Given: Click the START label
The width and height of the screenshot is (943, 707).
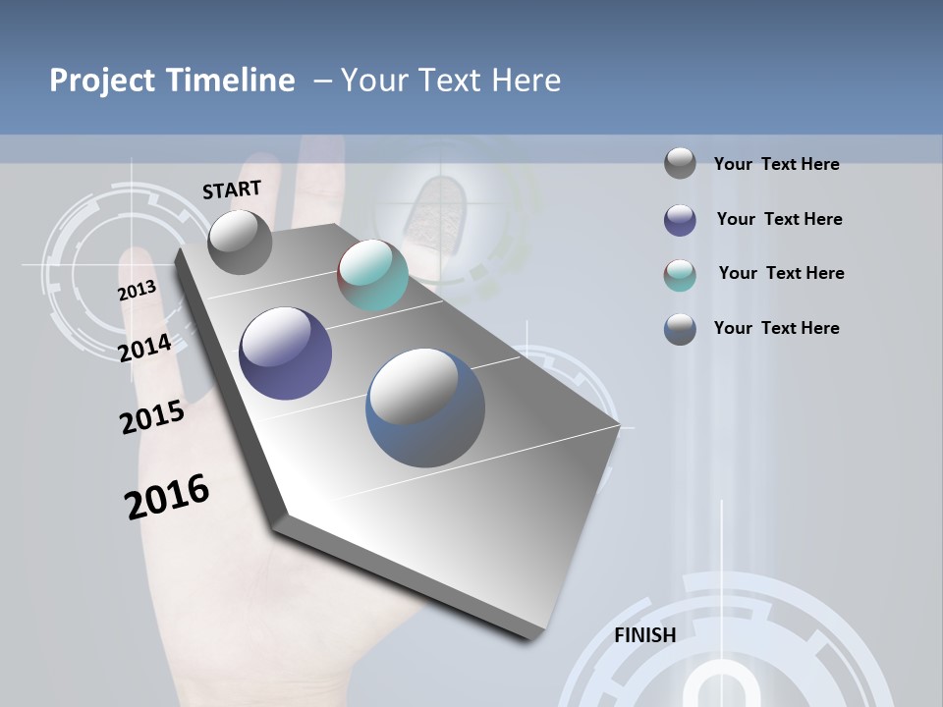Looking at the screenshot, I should click(232, 190).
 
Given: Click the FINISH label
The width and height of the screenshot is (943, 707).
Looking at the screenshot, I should click(644, 635).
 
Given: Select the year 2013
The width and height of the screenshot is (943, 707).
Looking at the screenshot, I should click(137, 291).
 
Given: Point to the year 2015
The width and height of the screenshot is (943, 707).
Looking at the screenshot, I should click(151, 417).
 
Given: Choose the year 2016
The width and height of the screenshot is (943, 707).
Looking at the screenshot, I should click(167, 497).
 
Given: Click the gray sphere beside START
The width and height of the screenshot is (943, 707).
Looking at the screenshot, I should click(240, 242).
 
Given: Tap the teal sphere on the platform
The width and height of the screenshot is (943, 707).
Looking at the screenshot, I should click(372, 275).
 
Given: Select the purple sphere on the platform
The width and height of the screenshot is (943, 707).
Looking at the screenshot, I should click(286, 353).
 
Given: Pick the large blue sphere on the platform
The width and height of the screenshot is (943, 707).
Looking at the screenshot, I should click(425, 408).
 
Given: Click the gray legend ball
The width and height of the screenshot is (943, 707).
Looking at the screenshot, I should click(680, 163).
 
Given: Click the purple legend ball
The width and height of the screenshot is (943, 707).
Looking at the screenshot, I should click(680, 220).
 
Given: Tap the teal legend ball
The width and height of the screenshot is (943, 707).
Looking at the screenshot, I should click(680, 275).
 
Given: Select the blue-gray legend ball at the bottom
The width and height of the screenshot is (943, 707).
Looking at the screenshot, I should click(680, 329).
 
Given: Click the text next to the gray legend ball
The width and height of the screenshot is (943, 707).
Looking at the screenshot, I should click(776, 164).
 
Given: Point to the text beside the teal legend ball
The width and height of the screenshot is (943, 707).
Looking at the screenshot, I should click(781, 273).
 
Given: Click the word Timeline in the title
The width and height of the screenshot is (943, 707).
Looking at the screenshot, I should click(232, 81).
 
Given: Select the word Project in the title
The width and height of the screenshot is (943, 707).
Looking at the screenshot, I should click(101, 81).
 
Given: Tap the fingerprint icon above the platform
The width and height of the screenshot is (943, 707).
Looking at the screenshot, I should click(428, 210).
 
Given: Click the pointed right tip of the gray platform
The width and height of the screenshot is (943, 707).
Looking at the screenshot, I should click(618, 426).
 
